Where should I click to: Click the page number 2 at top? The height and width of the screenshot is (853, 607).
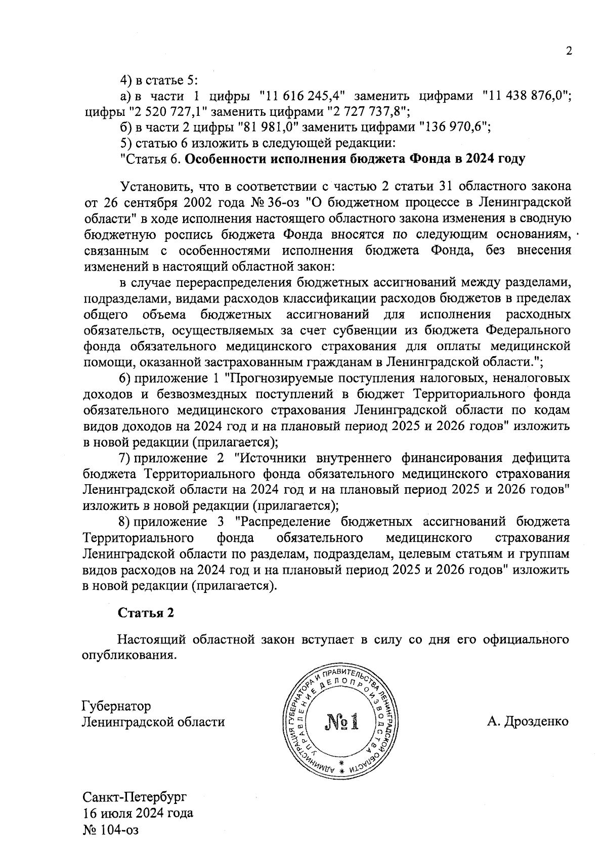coord(569,51)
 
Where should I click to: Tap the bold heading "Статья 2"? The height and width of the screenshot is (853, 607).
coord(146,613)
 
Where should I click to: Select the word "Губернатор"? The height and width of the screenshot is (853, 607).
coord(116,706)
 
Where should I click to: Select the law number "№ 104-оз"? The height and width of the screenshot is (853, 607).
coord(110,830)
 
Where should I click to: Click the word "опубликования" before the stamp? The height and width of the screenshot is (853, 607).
coord(128,655)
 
